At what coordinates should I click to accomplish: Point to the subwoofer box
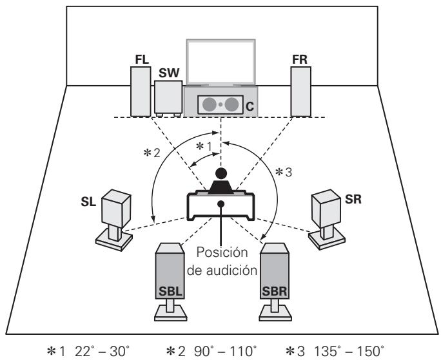point(168,99)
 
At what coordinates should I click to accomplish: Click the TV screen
point(220,62)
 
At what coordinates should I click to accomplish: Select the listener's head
point(220,173)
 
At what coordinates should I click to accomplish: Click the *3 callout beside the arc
point(283,173)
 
